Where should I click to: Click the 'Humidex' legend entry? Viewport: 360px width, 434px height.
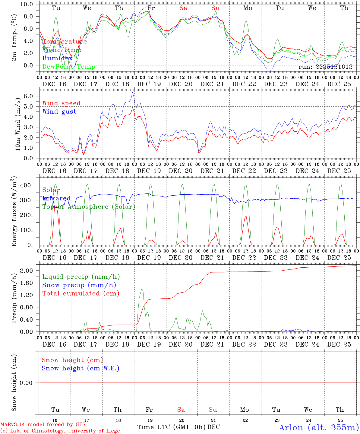click(x=57, y=58)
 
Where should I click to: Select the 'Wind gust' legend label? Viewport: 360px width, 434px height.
click(x=59, y=112)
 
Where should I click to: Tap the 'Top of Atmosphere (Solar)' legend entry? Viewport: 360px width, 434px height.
click(x=88, y=207)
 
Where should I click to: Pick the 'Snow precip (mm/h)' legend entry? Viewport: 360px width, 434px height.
click(x=79, y=285)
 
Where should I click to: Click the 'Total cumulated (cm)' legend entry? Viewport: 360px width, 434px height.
click(x=81, y=293)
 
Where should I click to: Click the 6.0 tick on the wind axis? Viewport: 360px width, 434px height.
click(x=30, y=96)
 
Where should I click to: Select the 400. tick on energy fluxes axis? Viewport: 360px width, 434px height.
click(x=26, y=185)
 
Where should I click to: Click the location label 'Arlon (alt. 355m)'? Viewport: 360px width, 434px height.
click(x=319, y=427)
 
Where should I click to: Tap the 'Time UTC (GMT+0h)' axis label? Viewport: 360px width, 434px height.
click(x=171, y=427)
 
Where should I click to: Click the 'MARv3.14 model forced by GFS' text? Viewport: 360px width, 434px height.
click(x=43, y=424)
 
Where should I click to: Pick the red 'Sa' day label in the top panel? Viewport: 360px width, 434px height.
click(x=183, y=8)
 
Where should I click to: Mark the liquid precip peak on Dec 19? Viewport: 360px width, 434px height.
click(x=142, y=289)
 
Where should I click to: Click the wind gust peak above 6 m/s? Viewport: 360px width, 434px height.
click(x=132, y=92)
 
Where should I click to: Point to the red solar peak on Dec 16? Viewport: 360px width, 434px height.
click(x=55, y=205)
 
